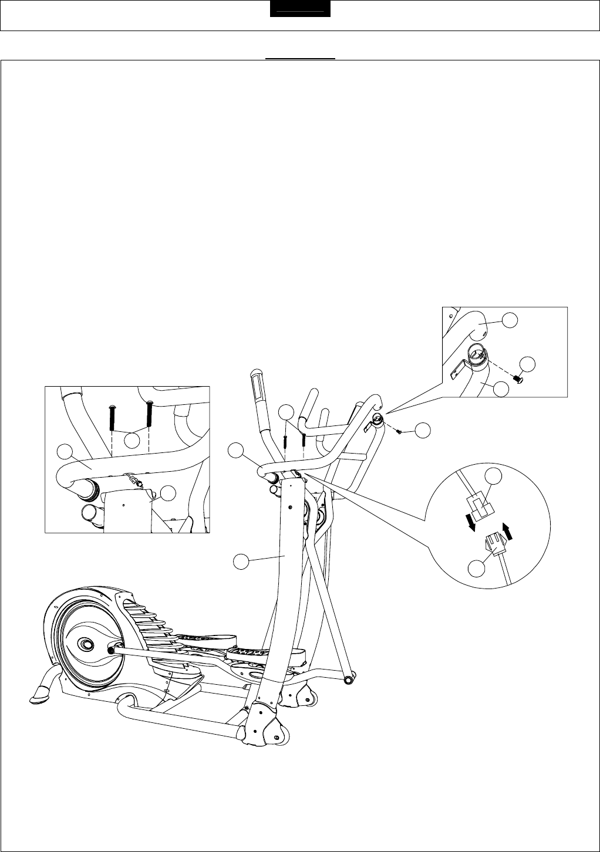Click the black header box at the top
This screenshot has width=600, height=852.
pos(300,10)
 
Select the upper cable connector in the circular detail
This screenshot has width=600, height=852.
pos(480,506)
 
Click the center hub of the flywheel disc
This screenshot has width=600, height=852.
pos(86,644)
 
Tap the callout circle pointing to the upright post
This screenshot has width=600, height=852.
pos(239,562)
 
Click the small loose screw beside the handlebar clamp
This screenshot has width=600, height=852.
pos(399,432)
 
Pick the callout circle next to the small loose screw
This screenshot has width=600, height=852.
pos(422,430)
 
